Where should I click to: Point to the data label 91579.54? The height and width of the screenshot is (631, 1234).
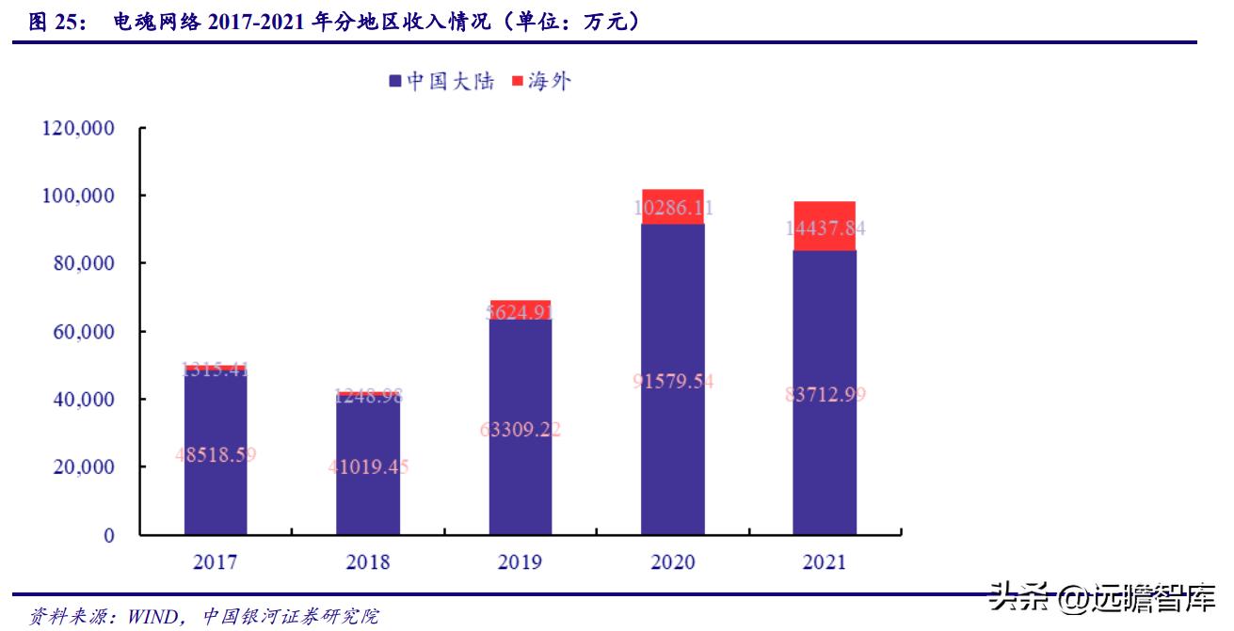pos(672,381)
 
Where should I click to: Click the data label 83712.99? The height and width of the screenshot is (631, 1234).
pos(825,394)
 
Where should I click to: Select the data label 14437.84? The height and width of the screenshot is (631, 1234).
pos(825,228)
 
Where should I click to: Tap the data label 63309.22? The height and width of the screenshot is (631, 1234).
pos(521,430)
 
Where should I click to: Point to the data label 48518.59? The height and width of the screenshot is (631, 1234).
pos(216,454)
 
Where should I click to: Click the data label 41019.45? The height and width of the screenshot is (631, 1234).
pos(368,465)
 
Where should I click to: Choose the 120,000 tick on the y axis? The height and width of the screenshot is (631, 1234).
pos(79,128)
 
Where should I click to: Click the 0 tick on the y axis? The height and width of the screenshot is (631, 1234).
pos(108,535)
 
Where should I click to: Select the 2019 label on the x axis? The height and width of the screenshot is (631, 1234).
pos(521,562)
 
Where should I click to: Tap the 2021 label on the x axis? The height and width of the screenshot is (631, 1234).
pos(825,562)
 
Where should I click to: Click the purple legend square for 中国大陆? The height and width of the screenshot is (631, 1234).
pos(395,82)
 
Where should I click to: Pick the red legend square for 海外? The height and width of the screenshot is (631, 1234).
pos(517,82)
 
